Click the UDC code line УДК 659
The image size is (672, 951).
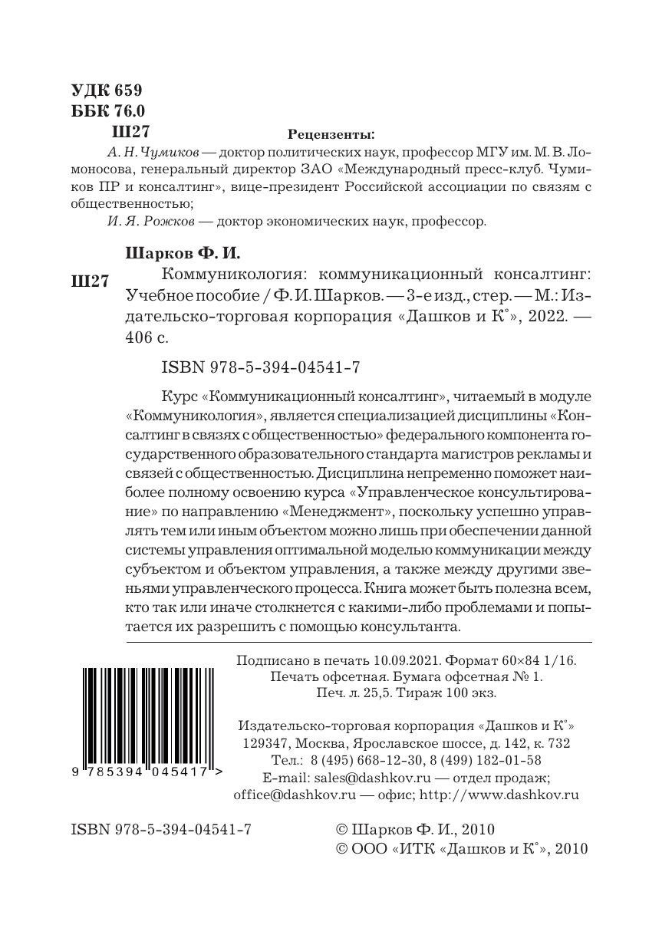pos(107,90)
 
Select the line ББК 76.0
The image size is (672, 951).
pos(107,110)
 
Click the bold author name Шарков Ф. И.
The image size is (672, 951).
pos(176,252)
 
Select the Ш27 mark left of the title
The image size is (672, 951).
pos(89,281)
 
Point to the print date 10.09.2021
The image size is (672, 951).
pos(406,660)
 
